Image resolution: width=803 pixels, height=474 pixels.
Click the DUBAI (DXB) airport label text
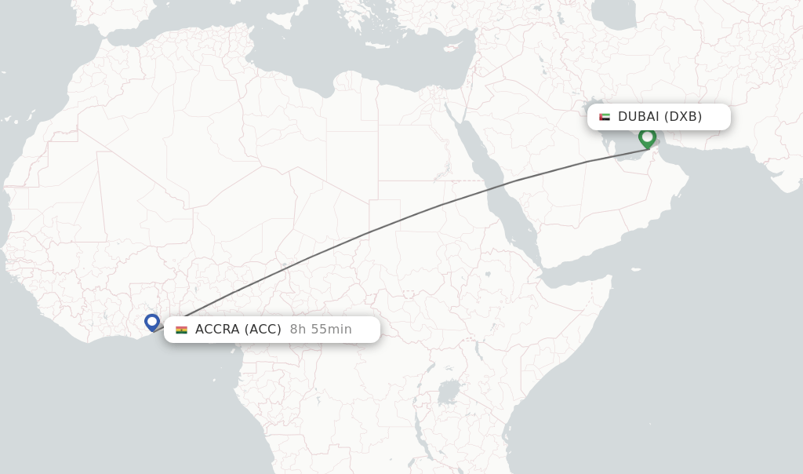pos(659,117)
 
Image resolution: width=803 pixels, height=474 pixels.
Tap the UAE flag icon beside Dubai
pos(605,117)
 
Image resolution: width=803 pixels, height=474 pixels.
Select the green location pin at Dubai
pos(647,138)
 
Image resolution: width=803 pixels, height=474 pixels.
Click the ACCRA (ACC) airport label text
pos(238,330)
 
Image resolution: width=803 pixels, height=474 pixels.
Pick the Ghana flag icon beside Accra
pos(181,330)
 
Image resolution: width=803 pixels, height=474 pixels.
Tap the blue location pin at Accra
pos(152,322)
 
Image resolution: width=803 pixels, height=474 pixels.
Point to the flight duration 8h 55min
pos(321,330)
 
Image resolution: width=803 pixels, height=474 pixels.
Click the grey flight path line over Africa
pos(369,232)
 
